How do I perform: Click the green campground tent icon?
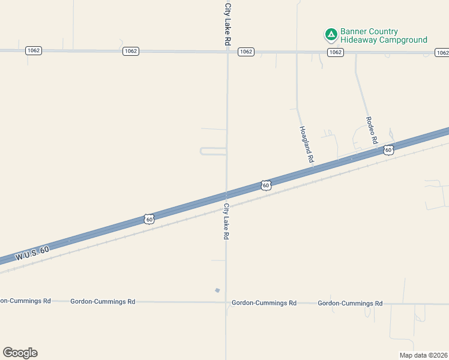330,35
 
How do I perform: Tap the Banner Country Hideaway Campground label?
384,36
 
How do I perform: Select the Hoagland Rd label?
306,145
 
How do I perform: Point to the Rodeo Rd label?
372,129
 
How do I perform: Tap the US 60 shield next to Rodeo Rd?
389,149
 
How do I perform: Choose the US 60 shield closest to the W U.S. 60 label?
149,219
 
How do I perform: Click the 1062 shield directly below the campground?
336,53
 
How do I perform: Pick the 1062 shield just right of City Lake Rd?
246,52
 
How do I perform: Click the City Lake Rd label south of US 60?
226,221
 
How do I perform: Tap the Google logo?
20,353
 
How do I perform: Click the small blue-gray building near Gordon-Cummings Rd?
217,290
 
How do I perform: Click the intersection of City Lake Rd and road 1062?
227,52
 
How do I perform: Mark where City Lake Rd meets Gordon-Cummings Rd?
226,302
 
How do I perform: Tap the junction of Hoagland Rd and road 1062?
297,53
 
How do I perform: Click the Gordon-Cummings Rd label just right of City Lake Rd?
264,303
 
